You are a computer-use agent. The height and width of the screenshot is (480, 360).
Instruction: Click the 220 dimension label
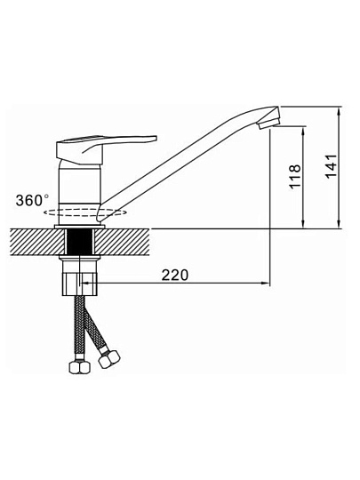click(175, 275)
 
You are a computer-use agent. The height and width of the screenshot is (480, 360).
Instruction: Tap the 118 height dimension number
click(295, 177)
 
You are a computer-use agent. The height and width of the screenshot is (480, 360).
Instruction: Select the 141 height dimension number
click(331, 166)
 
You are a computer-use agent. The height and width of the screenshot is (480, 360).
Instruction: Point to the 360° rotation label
click(32, 200)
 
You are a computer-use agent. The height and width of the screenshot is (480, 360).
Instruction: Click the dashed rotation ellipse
click(84, 212)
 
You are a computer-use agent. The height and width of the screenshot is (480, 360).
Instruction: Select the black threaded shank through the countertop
click(79, 242)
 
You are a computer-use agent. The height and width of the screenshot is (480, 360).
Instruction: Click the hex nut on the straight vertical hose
click(80, 366)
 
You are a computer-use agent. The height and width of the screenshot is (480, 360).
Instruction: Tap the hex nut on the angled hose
click(109, 359)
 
